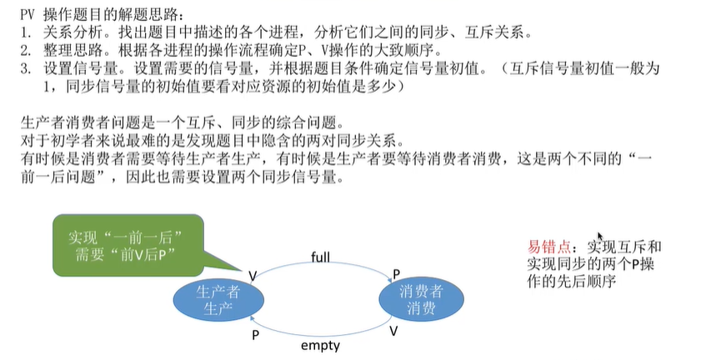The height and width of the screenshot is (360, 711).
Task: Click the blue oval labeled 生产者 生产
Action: pos(218,299)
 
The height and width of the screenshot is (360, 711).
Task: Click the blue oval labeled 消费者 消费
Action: pos(421,299)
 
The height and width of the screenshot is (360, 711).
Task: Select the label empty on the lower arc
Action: pos(321,343)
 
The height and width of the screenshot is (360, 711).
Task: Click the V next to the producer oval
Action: pos(253,274)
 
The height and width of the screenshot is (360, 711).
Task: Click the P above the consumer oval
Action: pos(396,274)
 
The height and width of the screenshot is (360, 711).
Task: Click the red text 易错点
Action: pos(550,247)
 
